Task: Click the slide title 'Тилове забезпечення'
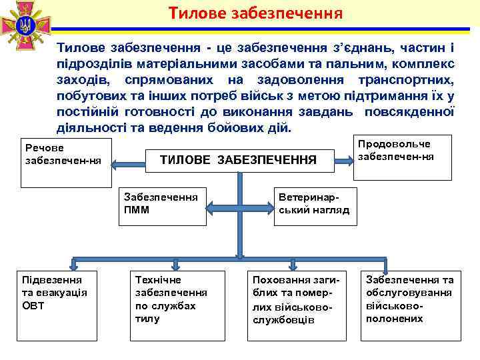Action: pos(255,13)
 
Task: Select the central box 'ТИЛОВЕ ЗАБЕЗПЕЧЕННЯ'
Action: pos(238,160)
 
